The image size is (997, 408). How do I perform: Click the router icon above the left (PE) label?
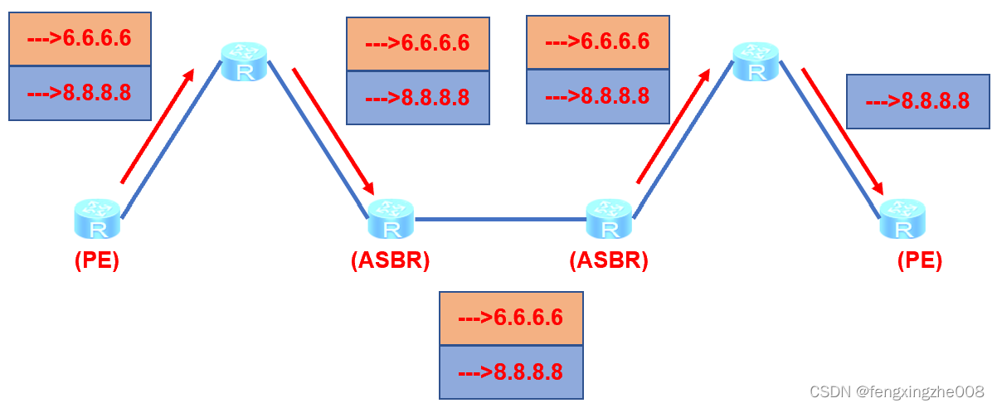(x=98, y=220)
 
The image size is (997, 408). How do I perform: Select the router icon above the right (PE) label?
(x=902, y=220)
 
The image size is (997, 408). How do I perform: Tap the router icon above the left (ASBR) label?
(x=391, y=220)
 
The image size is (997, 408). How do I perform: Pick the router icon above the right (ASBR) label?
(x=610, y=220)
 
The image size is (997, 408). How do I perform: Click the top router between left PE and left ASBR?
(x=245, y=62)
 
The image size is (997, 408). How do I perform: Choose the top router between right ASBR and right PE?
(x=756, y=62)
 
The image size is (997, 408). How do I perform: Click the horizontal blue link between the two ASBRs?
(x=500, y=220)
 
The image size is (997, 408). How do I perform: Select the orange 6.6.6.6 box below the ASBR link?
(x=511, y=318)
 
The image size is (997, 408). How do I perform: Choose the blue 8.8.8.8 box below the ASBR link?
(x=511, y=372)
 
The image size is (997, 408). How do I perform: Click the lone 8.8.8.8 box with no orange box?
(x=917, y=101)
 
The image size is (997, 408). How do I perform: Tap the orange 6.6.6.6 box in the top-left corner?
(x=80, y=39)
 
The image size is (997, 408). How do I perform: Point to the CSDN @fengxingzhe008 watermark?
(x=897, y=391)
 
